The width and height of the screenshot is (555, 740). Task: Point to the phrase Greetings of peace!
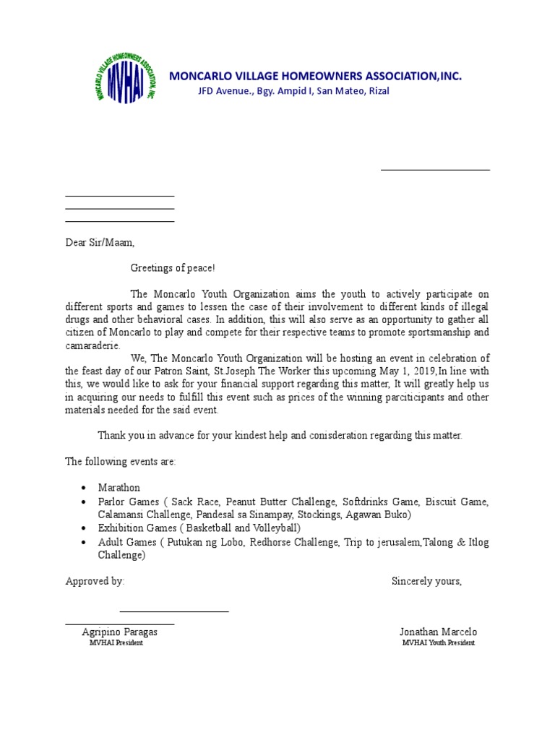[173, 268]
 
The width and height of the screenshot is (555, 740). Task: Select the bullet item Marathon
[119, 488]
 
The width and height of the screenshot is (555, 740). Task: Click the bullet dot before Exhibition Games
[85, 528]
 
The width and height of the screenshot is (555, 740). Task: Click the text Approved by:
[95, 581]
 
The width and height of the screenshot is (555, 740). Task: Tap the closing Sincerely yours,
[426, 581]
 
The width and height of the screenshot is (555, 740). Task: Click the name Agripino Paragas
[120, 632]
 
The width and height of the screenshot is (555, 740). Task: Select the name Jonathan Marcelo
[439, 632]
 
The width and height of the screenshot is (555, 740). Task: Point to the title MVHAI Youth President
[439, 643]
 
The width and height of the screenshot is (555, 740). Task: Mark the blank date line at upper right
[435, 170]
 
